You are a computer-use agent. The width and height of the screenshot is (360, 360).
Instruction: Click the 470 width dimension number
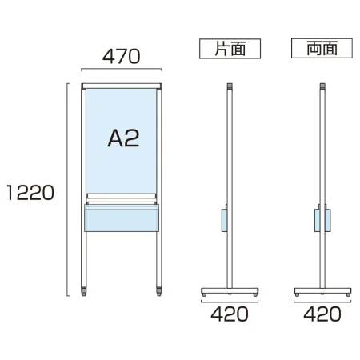pos(121,57)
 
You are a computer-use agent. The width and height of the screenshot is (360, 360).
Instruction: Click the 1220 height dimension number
pos(30,193)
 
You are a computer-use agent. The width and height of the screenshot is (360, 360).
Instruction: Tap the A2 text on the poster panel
pos(123,138)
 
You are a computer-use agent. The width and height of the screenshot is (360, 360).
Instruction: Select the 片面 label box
pos(230,49)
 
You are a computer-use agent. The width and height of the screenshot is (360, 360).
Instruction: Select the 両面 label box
pos(322,48)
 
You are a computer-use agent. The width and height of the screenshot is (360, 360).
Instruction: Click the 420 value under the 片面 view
pos(230,314)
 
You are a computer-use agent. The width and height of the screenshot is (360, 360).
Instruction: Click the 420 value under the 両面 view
pos(322,314)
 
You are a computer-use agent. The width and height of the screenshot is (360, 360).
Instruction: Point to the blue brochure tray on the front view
pos(122,218)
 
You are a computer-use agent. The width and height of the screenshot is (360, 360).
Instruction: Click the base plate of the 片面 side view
pos(230,290)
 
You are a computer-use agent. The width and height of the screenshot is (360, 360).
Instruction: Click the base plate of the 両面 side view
pos(322,290)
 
